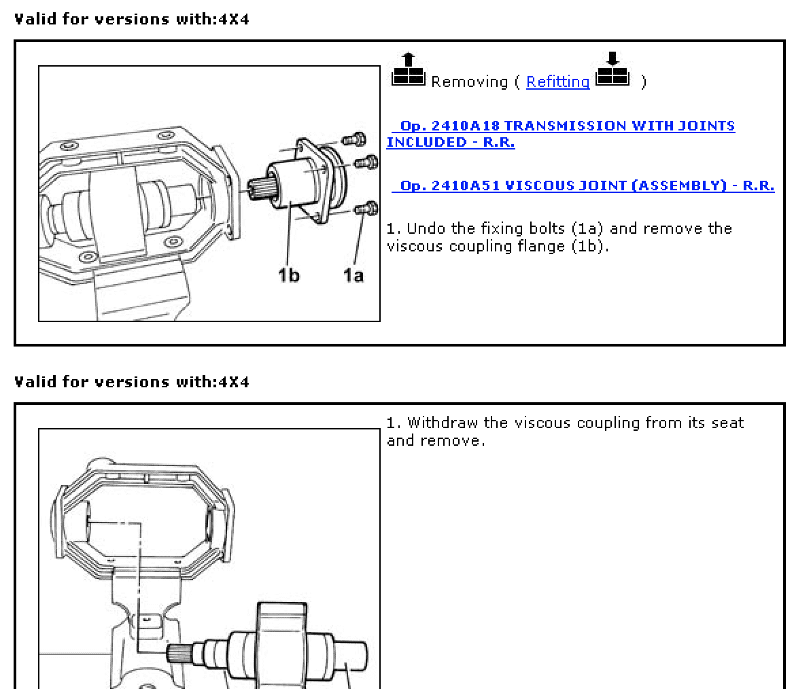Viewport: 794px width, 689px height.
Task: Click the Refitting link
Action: (x=557, y=82)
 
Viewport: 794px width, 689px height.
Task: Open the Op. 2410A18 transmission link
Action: (x=561, y=134)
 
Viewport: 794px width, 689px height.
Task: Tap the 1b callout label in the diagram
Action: (x=288, y=275)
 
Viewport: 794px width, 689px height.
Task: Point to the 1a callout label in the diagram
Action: (x=353, y=275)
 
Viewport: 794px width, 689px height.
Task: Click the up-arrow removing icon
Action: (x=408, y=70)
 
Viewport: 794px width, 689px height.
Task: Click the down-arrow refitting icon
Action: (x=612, y=70)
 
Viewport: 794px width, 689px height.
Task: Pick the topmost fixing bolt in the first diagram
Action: (x=353, y=139)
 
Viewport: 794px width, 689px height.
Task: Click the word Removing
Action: (x=469, y=82)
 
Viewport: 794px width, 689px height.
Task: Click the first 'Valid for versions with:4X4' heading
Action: (x=132, y=19)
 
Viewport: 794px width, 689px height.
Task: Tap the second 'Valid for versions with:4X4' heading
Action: (x=132, y=382)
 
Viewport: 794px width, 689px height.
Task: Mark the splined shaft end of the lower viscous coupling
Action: (x=179, y=654)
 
